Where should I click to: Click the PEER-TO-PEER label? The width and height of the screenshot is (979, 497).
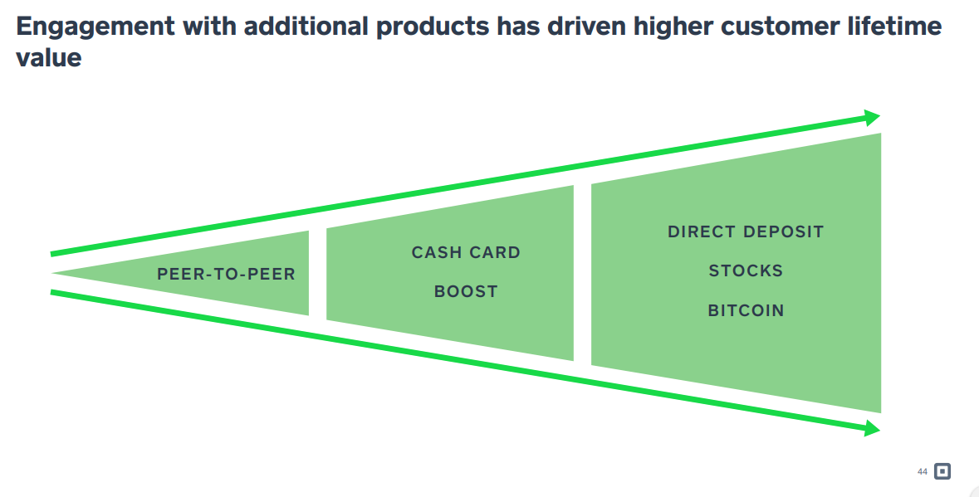click(x=226, y=274)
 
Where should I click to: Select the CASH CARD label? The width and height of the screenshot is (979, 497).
click(x=466, y=252)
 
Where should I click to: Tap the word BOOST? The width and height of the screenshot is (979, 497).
click(x=466, y=291)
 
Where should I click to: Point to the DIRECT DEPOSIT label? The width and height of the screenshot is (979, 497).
click(x=746, y=231)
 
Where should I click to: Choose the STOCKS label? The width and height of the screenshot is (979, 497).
click(x=746, y=270)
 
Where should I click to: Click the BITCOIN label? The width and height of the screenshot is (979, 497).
click(x=746, y=310)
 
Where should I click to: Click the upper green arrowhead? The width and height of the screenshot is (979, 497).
click(x=872, y=117)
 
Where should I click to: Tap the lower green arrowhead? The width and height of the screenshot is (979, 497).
click(x=872, y=428)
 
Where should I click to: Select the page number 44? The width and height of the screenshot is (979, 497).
click(x=922, y=471)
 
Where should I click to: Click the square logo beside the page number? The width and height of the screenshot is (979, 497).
click(x=942, y=471)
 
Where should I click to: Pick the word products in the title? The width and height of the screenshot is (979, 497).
click(x=432, y=27)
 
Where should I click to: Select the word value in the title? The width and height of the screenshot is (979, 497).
click(x=49, y=57)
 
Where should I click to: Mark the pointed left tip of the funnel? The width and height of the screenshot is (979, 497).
click(x=55, y=273)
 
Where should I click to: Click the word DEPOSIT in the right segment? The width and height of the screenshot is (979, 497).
click(x=785, y=231)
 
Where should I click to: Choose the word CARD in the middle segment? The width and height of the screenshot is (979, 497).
click(x=497, y=252)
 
